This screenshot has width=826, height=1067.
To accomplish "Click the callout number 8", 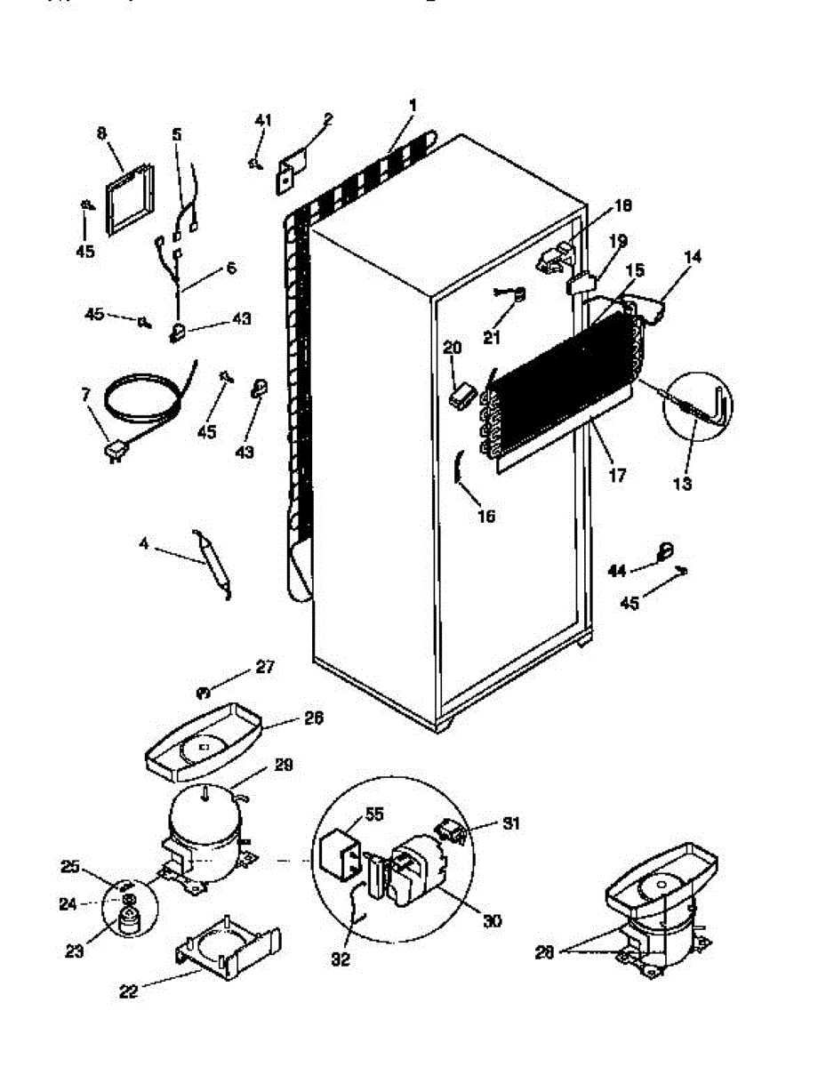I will (101, 134).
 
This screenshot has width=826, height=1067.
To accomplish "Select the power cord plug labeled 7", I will (114, 453).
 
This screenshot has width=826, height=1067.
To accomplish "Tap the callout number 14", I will (694, 258).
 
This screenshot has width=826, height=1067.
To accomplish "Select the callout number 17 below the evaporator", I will (616, 476).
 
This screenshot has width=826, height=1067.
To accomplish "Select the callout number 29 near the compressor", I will (284, 766).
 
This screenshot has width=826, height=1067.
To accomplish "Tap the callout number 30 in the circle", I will (492, 921).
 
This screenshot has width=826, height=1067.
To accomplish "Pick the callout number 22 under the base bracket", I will (129, 991).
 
